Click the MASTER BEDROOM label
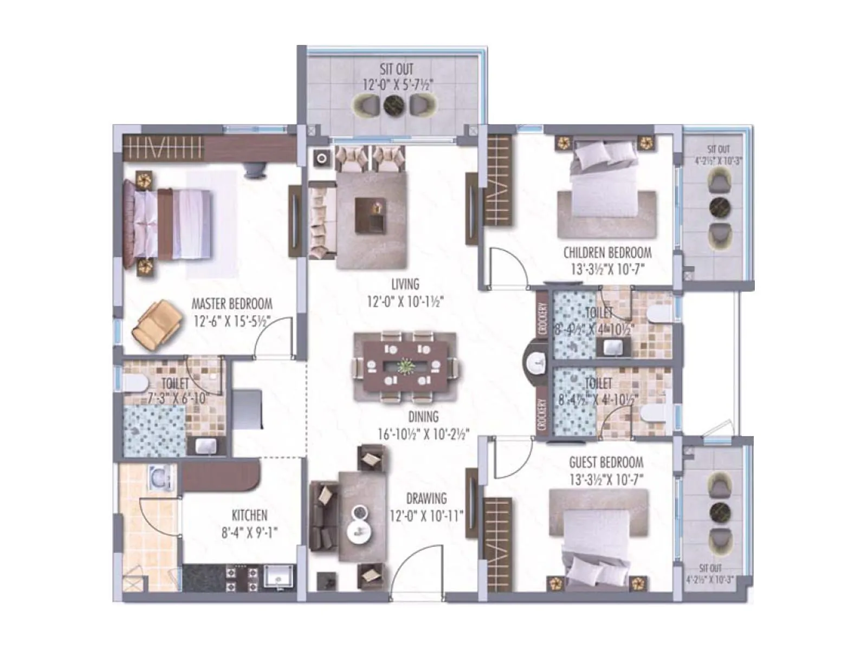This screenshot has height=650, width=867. (x=232, y=304)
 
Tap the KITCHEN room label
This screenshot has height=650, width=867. (x=249, y=515)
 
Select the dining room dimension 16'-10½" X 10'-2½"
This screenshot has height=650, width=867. (x=423, y=434)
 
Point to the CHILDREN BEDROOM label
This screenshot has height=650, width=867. (x=607, y=253)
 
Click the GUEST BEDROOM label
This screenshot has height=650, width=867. (x=606, y=463)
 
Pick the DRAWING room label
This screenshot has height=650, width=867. (x=426, y=498)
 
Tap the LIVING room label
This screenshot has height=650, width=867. (x=405, y=284)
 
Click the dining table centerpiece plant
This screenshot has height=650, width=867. (x=405, y=367)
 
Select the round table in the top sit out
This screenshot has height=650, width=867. (x=394, y=105)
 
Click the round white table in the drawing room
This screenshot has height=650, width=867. (x=359, y=523)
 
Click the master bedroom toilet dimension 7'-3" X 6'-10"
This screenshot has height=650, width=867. (x=178, y=398)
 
